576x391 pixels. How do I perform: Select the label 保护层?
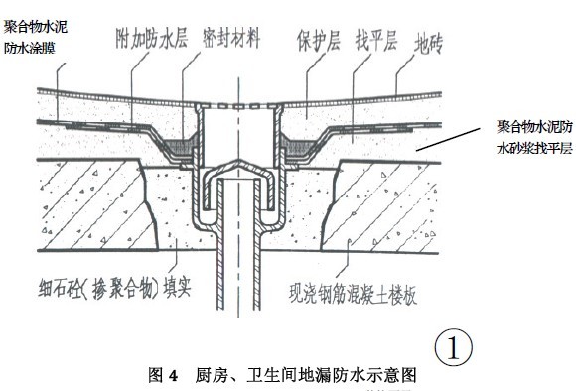click(317, 42)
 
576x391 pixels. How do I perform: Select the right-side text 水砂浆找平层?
click(532, 150)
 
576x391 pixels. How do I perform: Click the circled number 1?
click(454, 347)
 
